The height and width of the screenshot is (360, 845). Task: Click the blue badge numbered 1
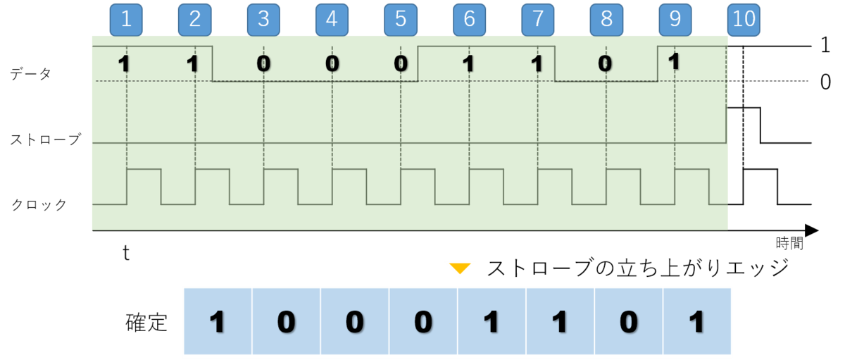126,20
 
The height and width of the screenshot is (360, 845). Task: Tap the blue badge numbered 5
401,20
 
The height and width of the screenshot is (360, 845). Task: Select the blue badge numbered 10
744,20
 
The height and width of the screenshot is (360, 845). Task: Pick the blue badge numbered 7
537,20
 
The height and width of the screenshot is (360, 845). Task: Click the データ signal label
30,73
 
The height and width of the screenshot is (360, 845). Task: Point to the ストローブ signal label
45,139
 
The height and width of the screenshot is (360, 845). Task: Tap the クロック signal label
39,204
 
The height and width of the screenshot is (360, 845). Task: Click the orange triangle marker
460,268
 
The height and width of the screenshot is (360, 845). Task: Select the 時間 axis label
789,242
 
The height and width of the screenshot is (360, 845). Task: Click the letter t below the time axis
126,253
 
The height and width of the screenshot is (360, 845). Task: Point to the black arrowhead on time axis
811,230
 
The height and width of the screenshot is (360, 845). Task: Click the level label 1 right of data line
825,45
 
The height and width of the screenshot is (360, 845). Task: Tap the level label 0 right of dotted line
825,82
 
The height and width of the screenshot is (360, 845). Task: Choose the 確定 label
146,323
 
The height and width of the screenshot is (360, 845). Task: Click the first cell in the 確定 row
218,321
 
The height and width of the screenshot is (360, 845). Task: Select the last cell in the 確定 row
696,321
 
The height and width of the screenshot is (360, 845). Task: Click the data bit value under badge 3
263,63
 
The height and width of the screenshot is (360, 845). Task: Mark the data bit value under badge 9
674,61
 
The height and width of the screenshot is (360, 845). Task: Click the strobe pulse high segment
744,108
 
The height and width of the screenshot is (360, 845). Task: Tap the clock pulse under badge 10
760,170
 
